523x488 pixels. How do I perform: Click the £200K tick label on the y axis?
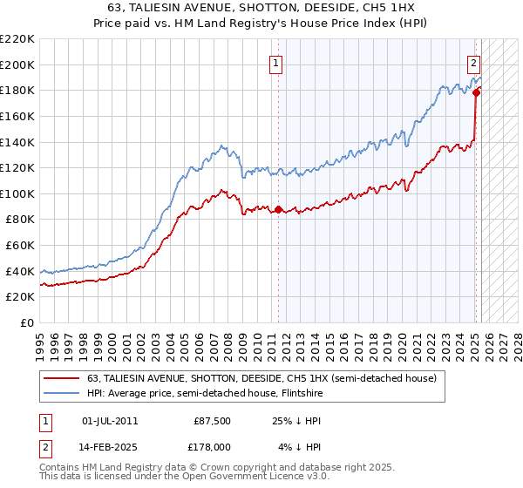[x=17, y=64]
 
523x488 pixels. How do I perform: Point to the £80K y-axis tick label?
[x=20, y=220]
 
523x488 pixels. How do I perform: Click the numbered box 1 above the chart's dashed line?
[x=275, y=63]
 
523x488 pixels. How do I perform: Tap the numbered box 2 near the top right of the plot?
[x=473, y=63]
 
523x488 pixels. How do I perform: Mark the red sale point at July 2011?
[x=278, y=209]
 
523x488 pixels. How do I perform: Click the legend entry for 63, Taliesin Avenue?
[x=267, y=378]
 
